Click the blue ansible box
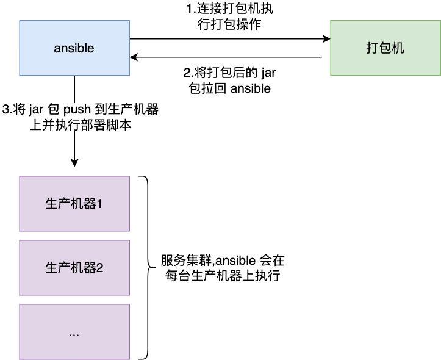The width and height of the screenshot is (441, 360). (74, 48)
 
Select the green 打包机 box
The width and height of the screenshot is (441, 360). (385, 48)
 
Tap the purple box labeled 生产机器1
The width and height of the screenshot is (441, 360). (74, 204)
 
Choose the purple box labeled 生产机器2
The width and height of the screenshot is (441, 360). (74, 267)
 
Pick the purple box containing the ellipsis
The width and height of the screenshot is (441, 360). (74, 331)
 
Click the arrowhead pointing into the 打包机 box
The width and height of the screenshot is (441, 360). (326, 39)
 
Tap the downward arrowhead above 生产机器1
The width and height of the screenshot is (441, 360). (74, 162)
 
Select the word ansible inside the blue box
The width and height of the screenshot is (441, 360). (74, 48)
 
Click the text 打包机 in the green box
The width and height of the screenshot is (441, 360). (385, 48)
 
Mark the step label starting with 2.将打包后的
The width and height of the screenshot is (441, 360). (229, 80)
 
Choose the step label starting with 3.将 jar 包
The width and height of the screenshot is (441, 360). (80, 117)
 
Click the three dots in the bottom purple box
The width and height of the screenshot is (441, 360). (74, 334)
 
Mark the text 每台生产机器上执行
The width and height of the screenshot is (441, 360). (223, 275)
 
